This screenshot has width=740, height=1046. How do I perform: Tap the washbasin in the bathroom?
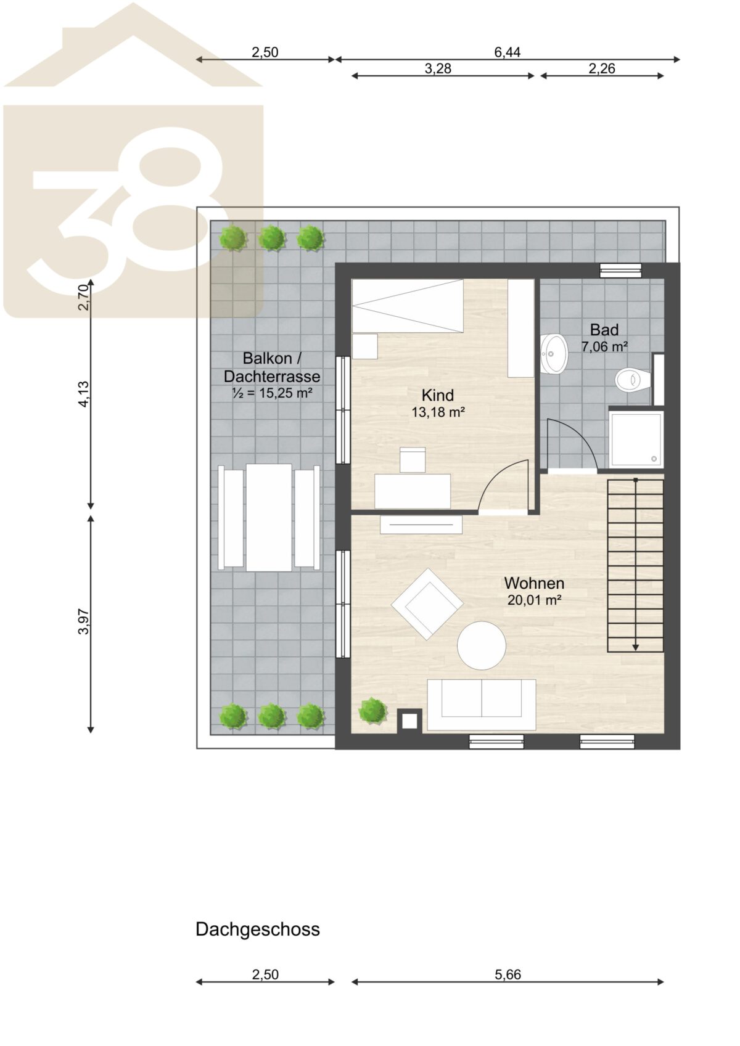click(x=554, y=353)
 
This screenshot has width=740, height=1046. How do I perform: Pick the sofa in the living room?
click(x=482, y=705)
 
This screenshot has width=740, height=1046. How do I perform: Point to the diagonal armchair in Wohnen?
click(x=427, y=603)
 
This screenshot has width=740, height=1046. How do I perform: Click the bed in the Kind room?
click(x=407, y=306)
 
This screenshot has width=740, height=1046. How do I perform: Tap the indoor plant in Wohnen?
click(x=373, y=711)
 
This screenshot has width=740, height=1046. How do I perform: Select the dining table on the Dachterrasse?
click(x=269, y=517)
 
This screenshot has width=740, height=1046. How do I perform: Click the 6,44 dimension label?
click(x=508, y=52)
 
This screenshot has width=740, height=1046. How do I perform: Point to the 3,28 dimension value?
click(x=438, y=68)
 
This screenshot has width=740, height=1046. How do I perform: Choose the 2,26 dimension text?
click(x=602, y=68)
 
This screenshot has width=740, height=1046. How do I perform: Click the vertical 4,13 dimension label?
click(x=84, y=394)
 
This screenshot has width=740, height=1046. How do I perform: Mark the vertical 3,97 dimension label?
click(x=84, y=621)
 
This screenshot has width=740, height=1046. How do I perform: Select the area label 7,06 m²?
click(x=604, y=346)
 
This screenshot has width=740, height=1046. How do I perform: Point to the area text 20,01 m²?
click(x=534, y=600)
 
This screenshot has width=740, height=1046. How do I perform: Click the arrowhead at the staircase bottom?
click(x=635, y=647)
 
